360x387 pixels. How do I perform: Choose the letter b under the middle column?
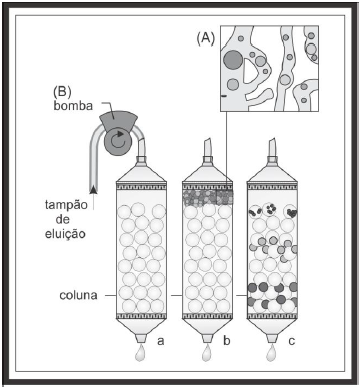click(225, 342)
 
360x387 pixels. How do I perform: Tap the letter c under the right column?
click(290, 342)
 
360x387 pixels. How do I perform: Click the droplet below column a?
click(142, 353)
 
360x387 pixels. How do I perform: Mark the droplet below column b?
click(206, 353)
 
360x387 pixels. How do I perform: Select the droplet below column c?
click(271, 353)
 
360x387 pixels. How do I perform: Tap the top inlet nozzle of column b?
click(207, 151)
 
